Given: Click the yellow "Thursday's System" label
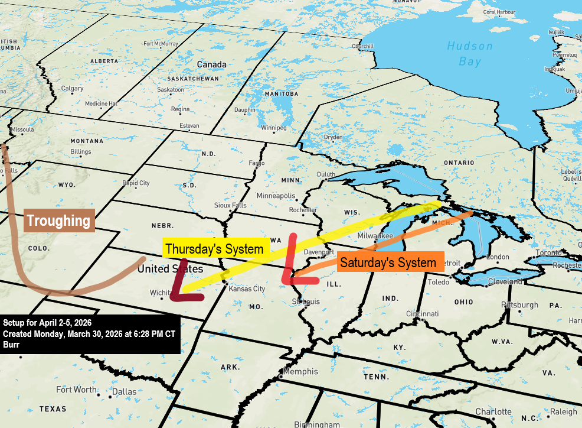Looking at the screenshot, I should tap(214, 249).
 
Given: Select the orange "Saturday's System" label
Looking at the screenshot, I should tap(390, 262).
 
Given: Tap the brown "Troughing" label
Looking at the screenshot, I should tap(59, 221).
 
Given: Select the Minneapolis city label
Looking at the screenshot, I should tap(276, 196).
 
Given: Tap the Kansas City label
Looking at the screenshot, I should tap(247, 288).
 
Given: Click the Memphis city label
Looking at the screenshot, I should tap(300, 372).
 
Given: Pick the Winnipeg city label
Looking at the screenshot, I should tap(274, 128).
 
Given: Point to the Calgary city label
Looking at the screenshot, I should tap(72, 89).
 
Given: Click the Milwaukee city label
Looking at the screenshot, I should tap(375, 235).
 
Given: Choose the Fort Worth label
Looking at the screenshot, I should tap(76, 390).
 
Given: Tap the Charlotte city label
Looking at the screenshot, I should tap(493, 411).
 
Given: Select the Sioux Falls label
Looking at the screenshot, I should tap(231, 205).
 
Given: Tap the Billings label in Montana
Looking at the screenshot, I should tap(81, 152).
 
